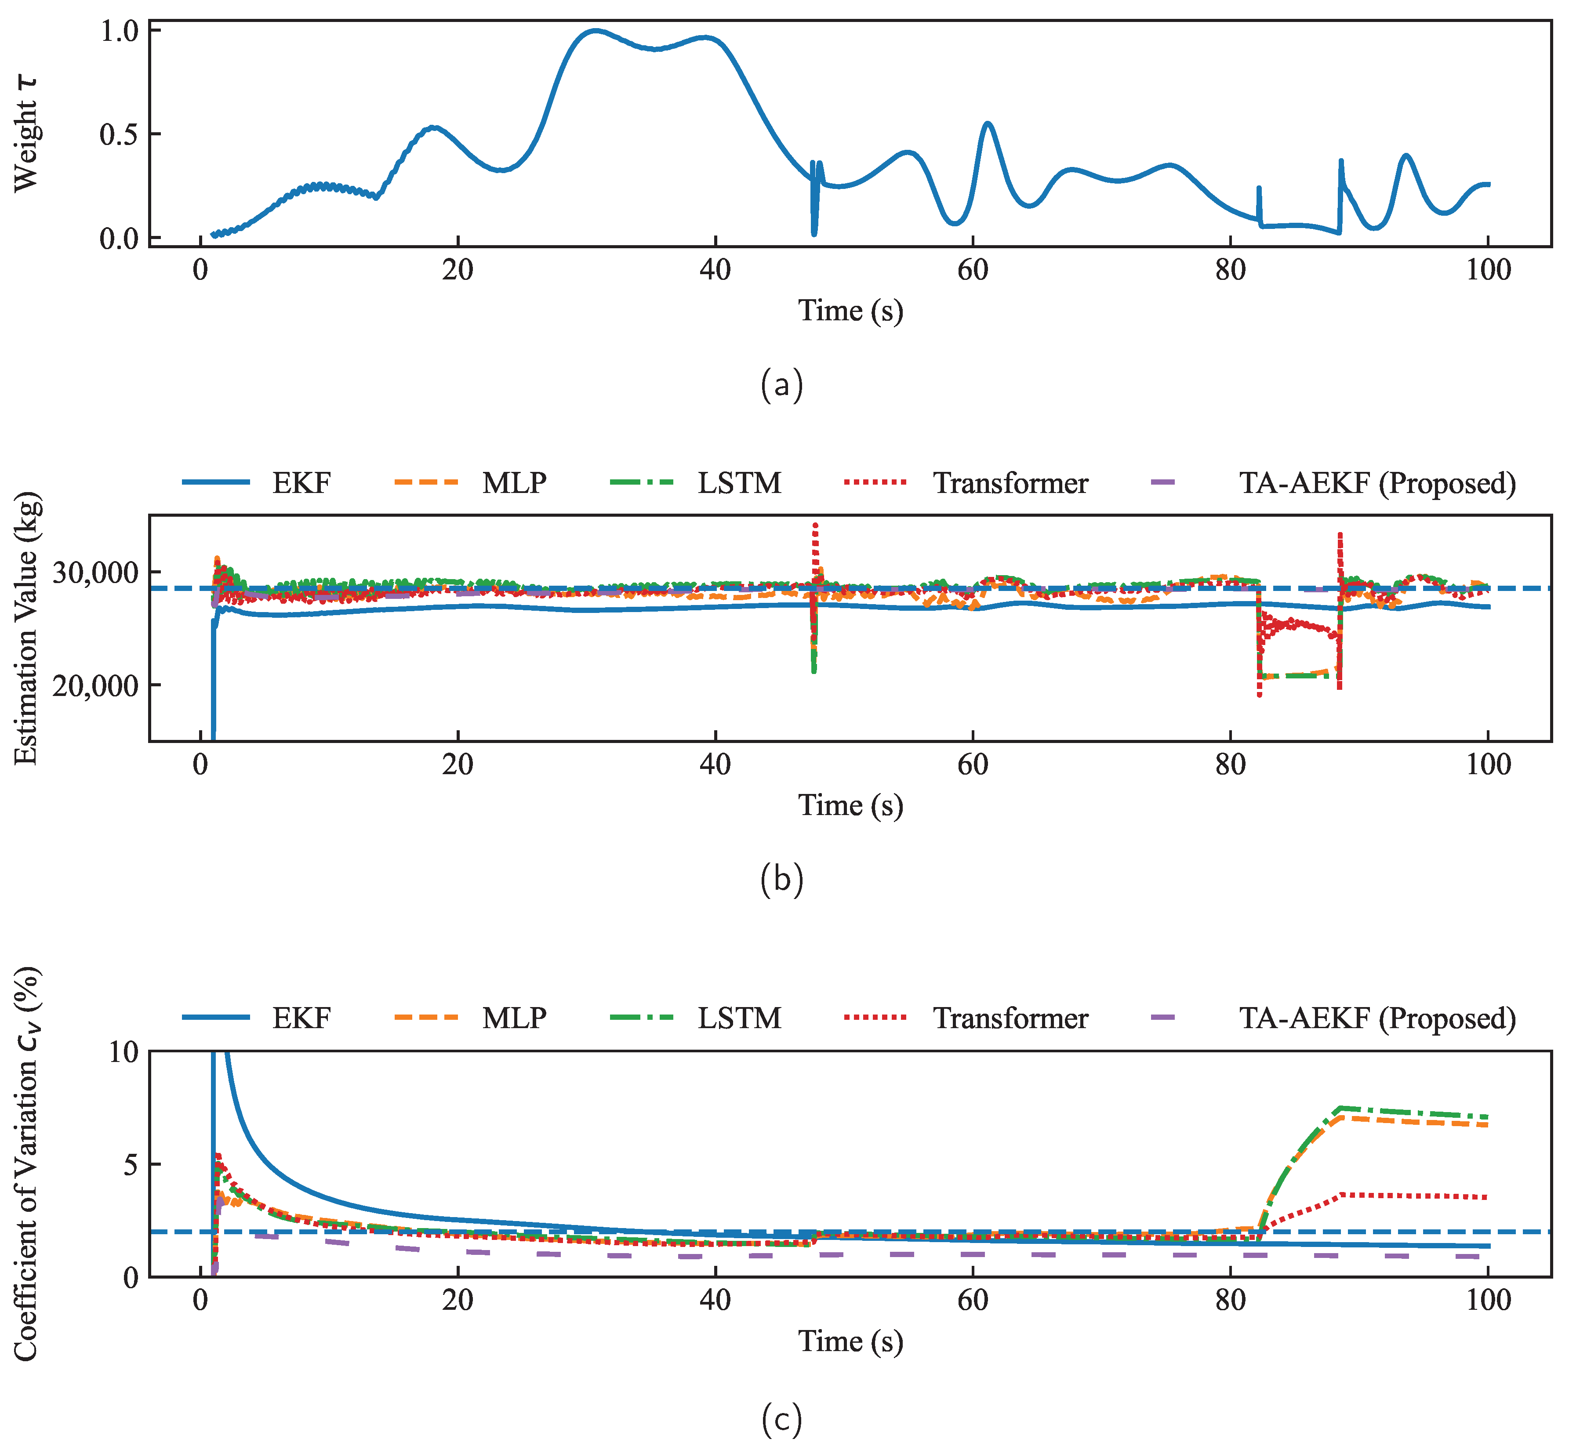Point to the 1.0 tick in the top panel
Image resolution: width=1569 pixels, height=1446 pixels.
[x=119, y=31]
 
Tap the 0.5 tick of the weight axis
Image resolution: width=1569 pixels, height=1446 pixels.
[x=119, y=134]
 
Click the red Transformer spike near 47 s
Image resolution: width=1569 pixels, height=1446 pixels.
[x=815, y=526]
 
